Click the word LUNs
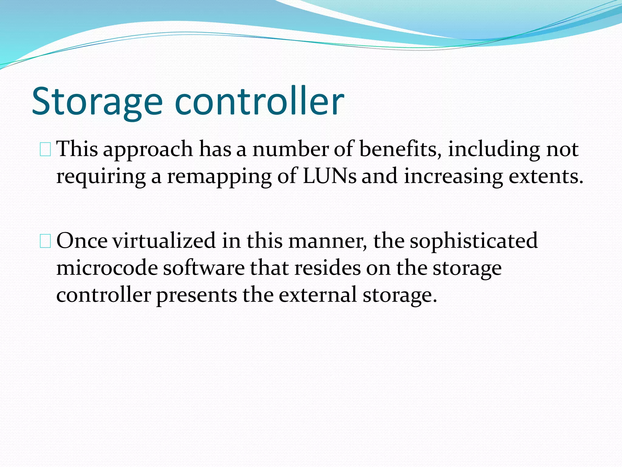[x=330, y=176]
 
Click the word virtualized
[x=164, y=241]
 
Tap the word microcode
[x=107, y=268]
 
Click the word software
[x=204, y=268]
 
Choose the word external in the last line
[x=318, y=295]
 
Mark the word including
[x=494, y=150]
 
